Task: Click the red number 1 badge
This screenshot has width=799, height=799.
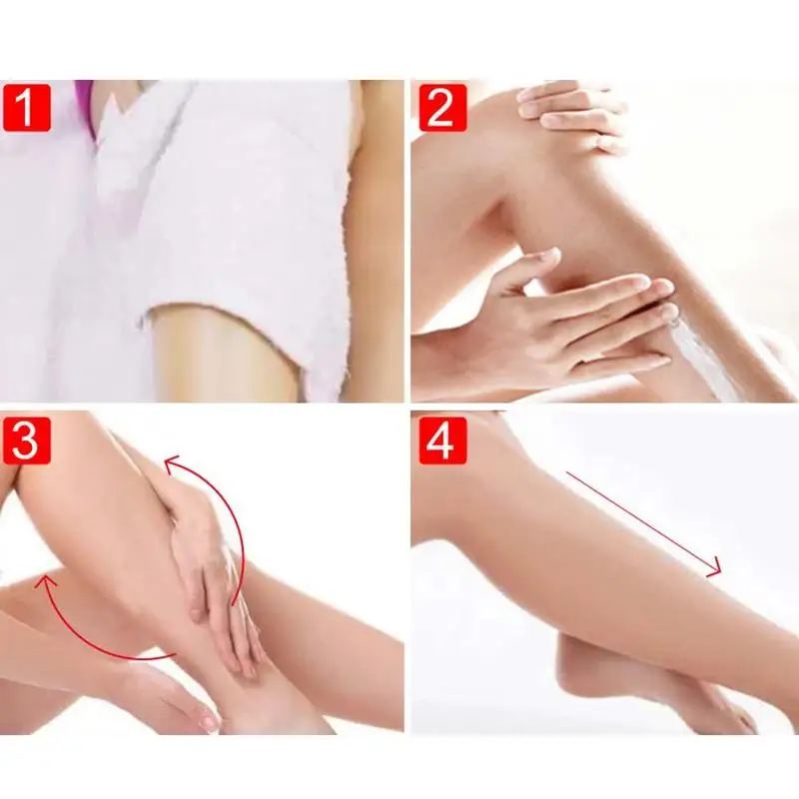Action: click(27, 107)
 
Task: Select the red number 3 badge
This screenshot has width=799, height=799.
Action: click(27, 439)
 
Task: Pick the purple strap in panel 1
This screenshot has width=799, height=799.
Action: click(86, 105)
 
